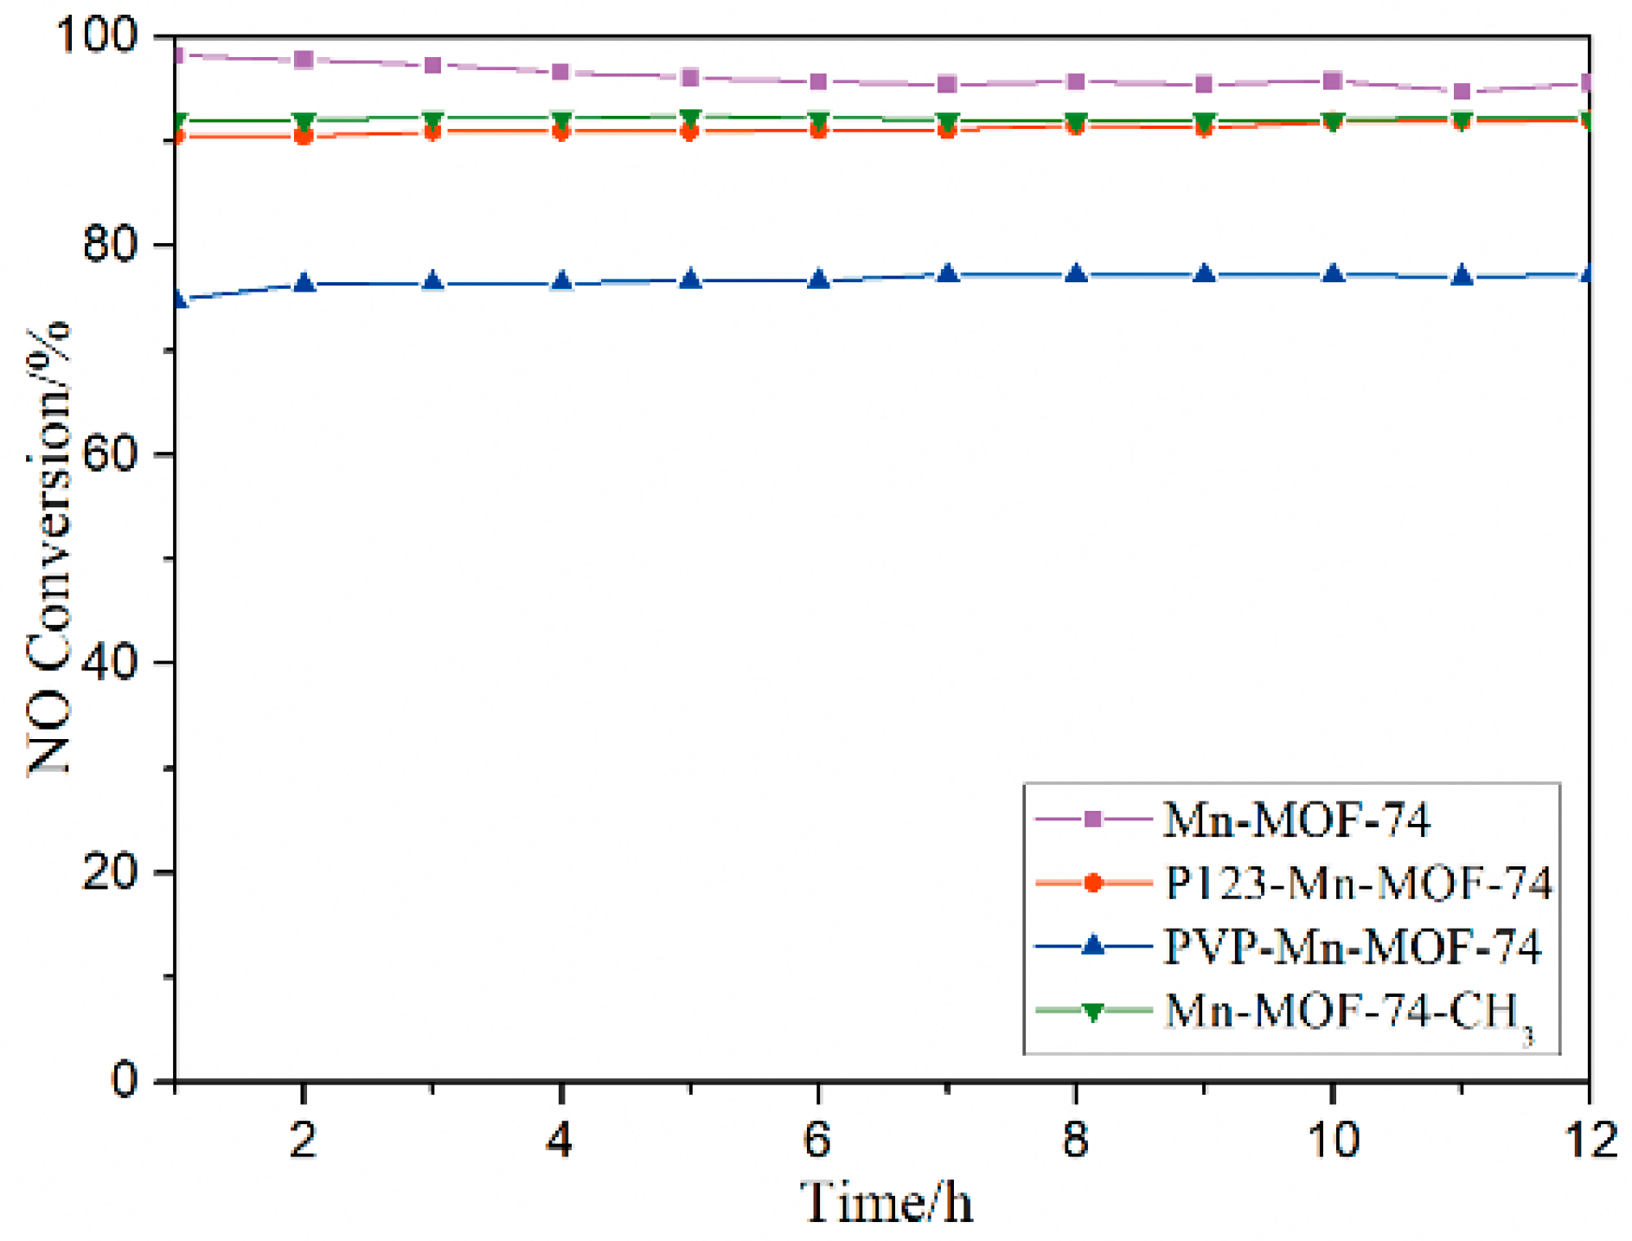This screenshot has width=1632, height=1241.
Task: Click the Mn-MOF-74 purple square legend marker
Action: point(1092,819)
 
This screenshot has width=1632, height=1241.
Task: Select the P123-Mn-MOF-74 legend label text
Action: point(1358,884)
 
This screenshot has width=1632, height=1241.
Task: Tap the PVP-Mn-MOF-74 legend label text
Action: point(1352,947)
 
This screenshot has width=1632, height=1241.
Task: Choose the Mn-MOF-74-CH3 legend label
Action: point(1349,1011)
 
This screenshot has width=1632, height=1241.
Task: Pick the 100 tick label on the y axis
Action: point(96,36)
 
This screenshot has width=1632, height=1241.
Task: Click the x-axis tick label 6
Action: point(817,1140)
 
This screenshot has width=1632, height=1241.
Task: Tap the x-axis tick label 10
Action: point(1333,1140)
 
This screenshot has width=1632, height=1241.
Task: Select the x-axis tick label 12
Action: point(1590,1140)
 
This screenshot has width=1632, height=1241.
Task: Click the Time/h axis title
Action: point(886,1203)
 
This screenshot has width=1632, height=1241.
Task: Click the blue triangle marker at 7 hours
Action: point(947,274)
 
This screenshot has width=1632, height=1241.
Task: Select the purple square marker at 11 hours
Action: point(1462,92)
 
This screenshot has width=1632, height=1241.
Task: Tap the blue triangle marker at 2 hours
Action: point(304,283)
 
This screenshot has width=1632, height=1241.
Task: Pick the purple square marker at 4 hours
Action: point(560,72)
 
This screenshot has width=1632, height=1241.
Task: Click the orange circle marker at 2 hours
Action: point(304,136)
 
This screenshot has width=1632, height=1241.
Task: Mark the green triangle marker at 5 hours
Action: point(689,118)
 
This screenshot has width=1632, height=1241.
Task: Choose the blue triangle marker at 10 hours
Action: point(1333,274)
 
